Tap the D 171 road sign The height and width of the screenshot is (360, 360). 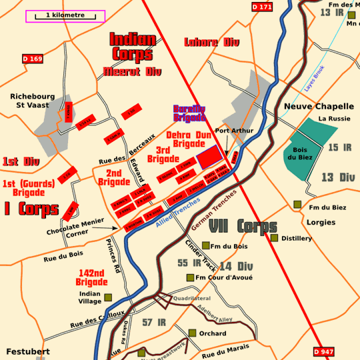pos(263,7)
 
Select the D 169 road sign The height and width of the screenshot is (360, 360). pos(32,59)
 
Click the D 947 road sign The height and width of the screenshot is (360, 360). pos(323,351)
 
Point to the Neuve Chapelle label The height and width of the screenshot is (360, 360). pos(319,106)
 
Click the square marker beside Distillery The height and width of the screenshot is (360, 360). pos(274,238)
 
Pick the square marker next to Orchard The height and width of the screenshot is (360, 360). pos(192,333)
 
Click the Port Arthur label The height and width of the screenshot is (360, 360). pos(234,131)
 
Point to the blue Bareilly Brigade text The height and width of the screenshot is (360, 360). pos(189,113)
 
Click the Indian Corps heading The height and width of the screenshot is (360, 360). pos(133,47)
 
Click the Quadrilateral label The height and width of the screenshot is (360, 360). pos(191,298)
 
